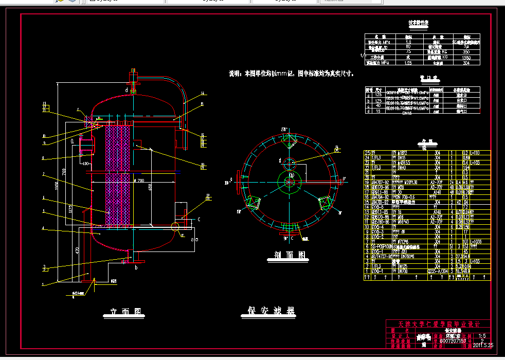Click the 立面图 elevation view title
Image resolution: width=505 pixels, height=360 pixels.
(x=125, y=312)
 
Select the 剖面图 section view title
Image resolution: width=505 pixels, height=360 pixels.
(x=287, y=255)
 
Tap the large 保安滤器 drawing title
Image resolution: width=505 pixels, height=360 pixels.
(x=270, y=311)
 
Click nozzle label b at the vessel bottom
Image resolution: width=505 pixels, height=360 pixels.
(x=136, y=268)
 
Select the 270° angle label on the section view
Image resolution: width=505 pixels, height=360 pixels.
(x=284, y=128)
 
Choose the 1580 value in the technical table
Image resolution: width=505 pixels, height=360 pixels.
(x=467, y=58)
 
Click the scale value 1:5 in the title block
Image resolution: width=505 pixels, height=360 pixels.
(x=482, y=335)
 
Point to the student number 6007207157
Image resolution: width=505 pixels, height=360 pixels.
(x=453, y=340)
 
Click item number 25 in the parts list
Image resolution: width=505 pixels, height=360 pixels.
(x=367, y=153)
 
